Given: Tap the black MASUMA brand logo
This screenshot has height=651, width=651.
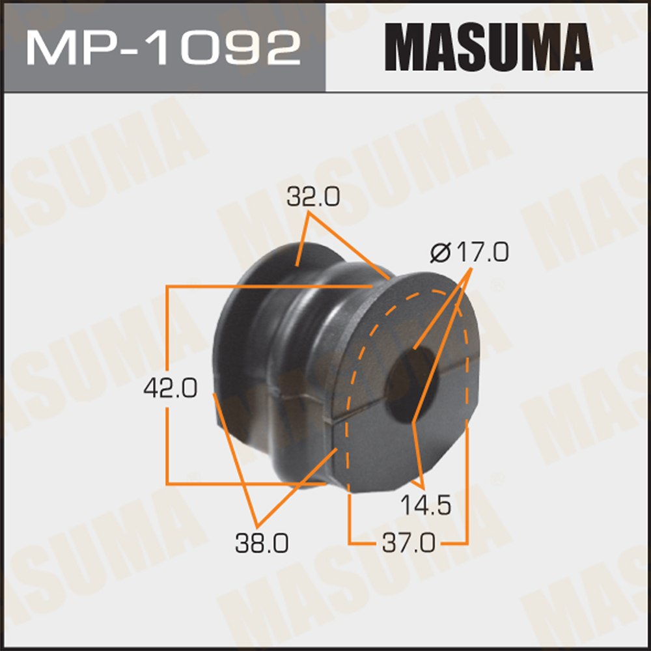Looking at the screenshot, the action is pyautogui.click(x=489, y=47).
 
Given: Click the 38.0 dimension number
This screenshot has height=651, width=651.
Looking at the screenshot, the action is pyautogui.click(x=262, y=543).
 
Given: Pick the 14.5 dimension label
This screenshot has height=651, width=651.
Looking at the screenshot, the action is pyautogui.click(x=426, y=506).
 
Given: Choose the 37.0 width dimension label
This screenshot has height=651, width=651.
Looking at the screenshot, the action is pyautogui.click(x=409, y=543).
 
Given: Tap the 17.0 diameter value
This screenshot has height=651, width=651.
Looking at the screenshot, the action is pyautogui.click(x=482, y=253).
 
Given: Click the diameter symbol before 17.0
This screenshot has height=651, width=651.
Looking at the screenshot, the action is pyautogui.click(x=441, y=253).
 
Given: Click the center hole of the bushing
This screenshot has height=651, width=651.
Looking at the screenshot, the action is pyautogui.click(x=409, y=384).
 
